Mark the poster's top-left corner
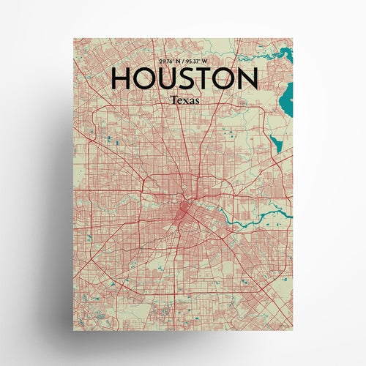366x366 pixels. click(x=75, y=35)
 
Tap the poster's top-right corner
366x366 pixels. click(x=291, y=35)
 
